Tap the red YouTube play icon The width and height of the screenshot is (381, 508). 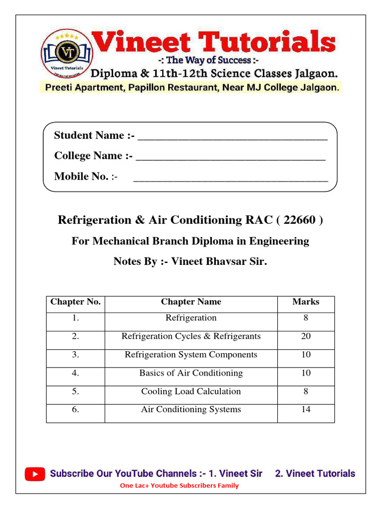point(35,474)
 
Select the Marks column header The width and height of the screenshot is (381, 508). point(306,302)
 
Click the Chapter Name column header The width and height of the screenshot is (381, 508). point(191,302)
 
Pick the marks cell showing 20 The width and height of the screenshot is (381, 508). point(306,336)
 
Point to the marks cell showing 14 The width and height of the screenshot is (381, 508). point(306,409)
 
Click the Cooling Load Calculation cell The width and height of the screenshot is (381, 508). point(191,391)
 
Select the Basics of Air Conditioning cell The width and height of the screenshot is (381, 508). point(191,373)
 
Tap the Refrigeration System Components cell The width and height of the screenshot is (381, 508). point(191,355)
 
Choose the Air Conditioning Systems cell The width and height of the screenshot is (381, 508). point(191,409)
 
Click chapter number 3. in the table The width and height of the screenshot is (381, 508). point(75,355)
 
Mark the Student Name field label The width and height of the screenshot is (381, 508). point(93,135)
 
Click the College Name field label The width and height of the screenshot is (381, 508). point(93,156)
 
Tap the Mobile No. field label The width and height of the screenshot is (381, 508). point(84,176)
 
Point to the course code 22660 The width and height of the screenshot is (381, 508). point(300,220)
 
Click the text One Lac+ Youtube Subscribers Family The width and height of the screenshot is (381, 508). point(179,486)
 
